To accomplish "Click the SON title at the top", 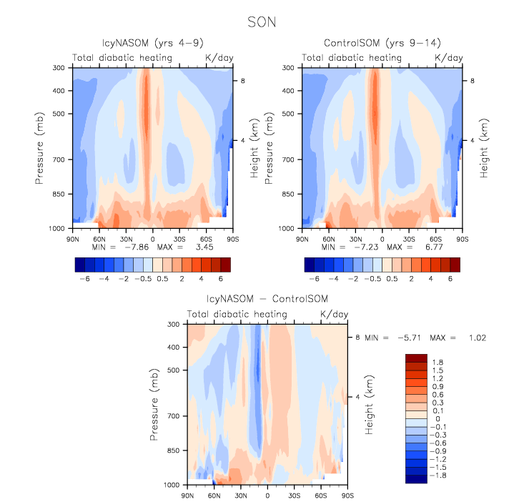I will point(261,22).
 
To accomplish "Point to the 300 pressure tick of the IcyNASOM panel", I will point(60,68).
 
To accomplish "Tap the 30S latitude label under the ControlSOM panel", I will point(408,236).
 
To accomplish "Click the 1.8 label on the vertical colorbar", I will point(438,363).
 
